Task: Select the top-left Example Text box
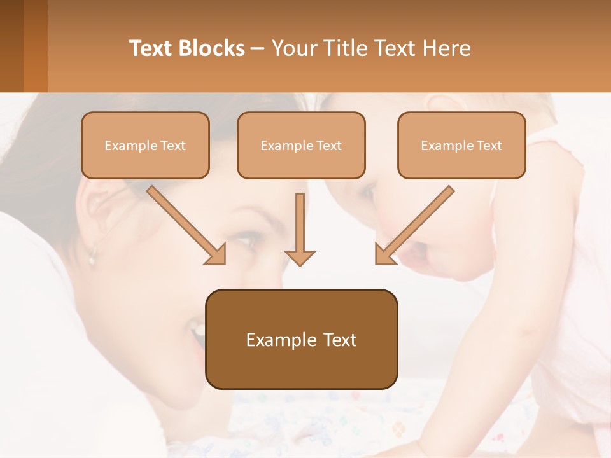click(145, 146)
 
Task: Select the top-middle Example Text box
click(301, 146)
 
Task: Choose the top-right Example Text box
click(461, 146)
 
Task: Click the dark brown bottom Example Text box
click(301, 339)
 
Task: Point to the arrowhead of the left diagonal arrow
click(216, 255)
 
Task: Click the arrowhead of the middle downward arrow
click(300, 258)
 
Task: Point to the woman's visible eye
click(244, 240)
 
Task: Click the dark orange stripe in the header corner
click(36, 46)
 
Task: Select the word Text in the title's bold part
click(151, 48)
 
